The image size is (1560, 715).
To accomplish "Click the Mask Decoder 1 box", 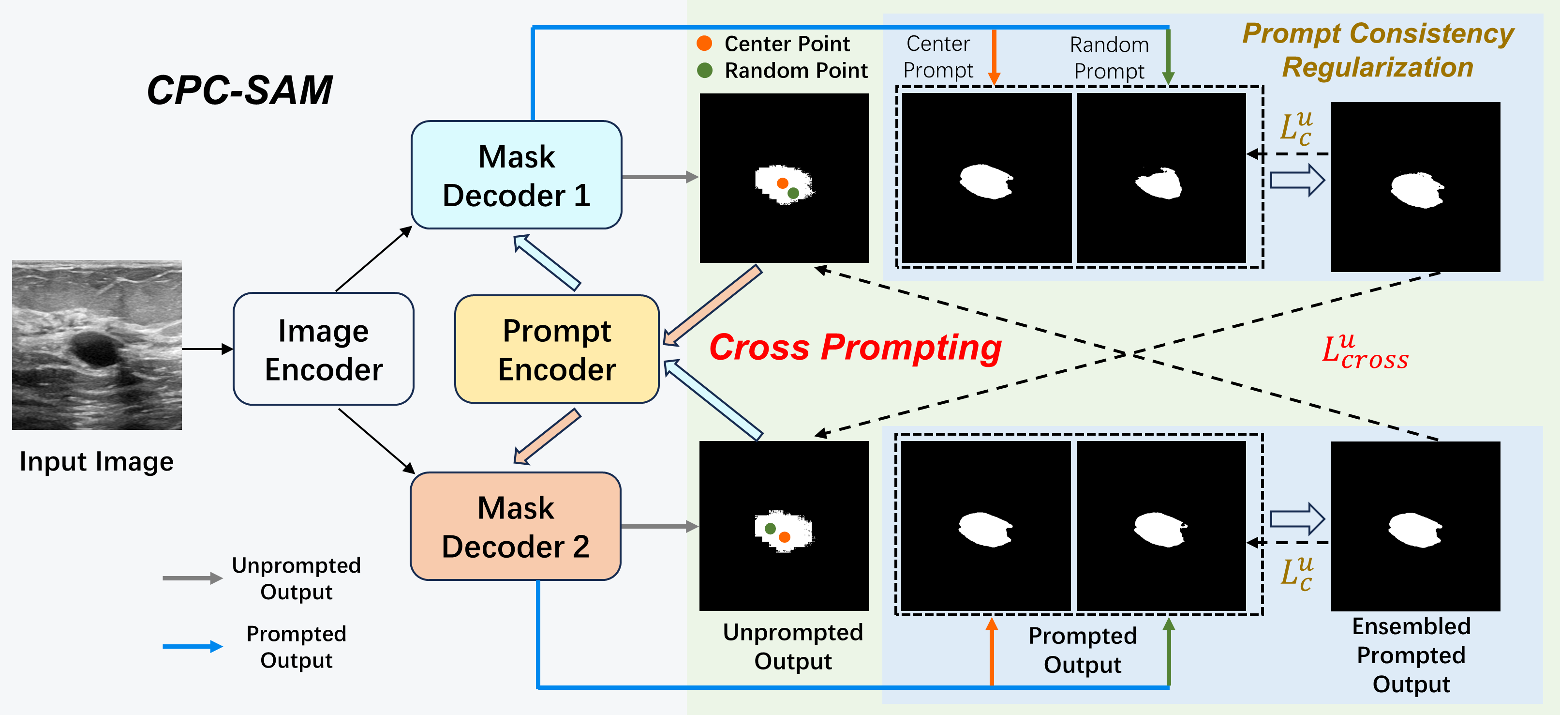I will [x=516, y=175].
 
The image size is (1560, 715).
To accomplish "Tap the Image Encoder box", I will [x=324, y=349].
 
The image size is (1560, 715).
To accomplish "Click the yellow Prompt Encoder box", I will [x=557, y=349].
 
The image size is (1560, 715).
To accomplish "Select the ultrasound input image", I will [x=97, y=345].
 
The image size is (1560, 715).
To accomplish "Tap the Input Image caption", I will [x=96, y=461].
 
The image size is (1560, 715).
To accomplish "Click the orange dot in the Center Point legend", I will [x=704, y=43].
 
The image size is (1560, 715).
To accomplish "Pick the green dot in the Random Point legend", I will [x=704, y=70].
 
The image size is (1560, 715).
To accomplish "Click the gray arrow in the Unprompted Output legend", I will [x=192, y=578].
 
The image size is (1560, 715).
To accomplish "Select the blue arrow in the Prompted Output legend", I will [x=192, y=647].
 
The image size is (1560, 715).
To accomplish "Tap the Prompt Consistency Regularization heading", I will [x=1378, y=50].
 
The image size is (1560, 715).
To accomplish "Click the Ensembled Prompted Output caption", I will [x=1411, y=655].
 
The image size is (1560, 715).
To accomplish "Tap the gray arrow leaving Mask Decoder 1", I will [x=659, y=177].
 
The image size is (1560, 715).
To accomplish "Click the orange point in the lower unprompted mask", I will [x=784, y=537].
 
